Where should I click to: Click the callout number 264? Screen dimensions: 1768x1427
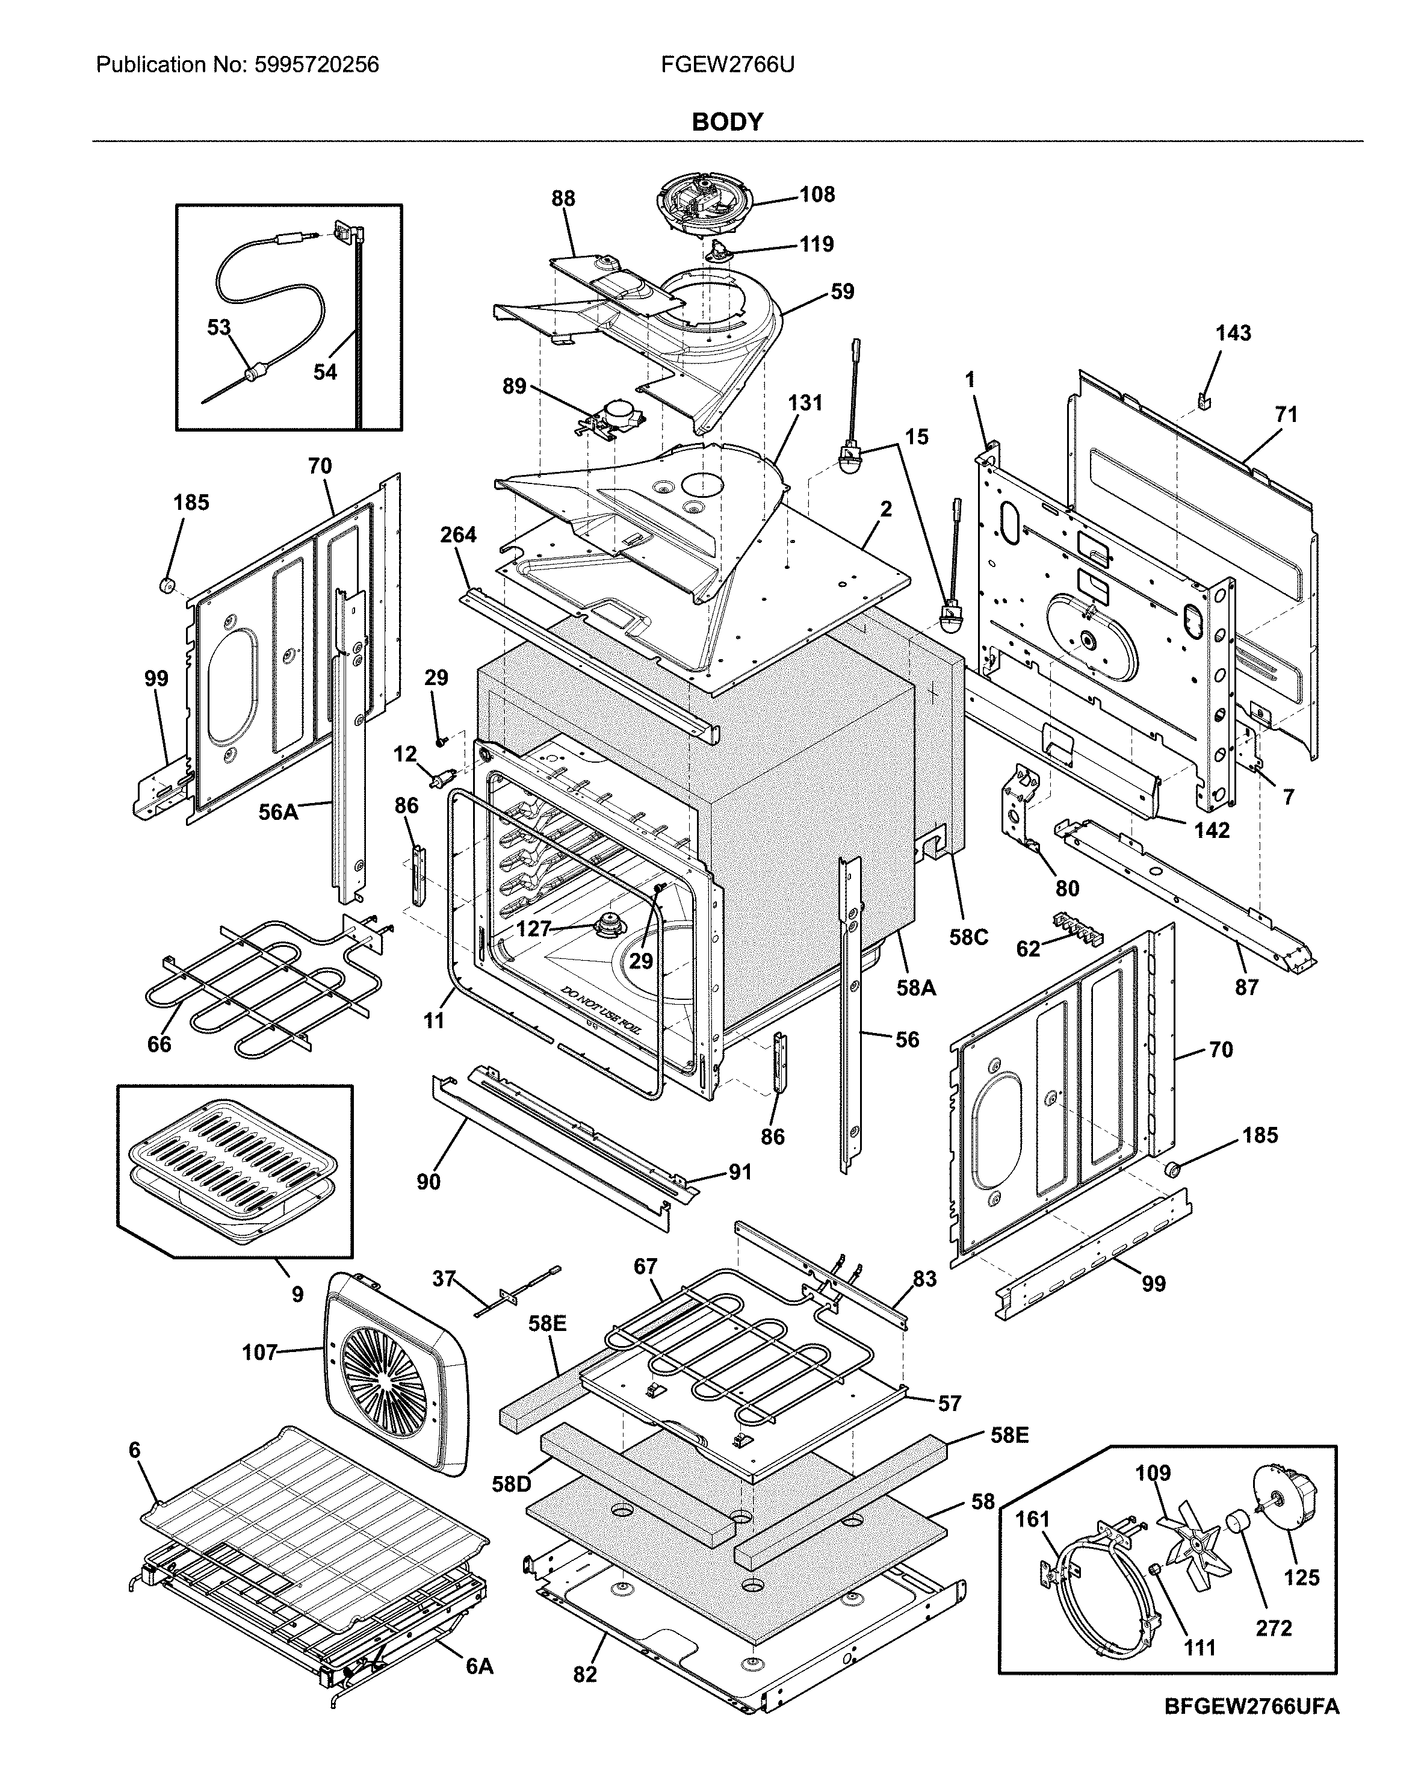[x=458, y=535]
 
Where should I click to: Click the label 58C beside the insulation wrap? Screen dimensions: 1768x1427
[x=968, y=937]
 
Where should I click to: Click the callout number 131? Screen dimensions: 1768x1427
[x=805, y=403]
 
